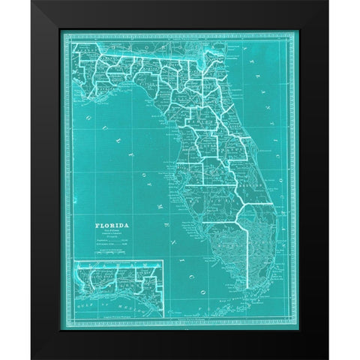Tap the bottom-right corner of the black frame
327,358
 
